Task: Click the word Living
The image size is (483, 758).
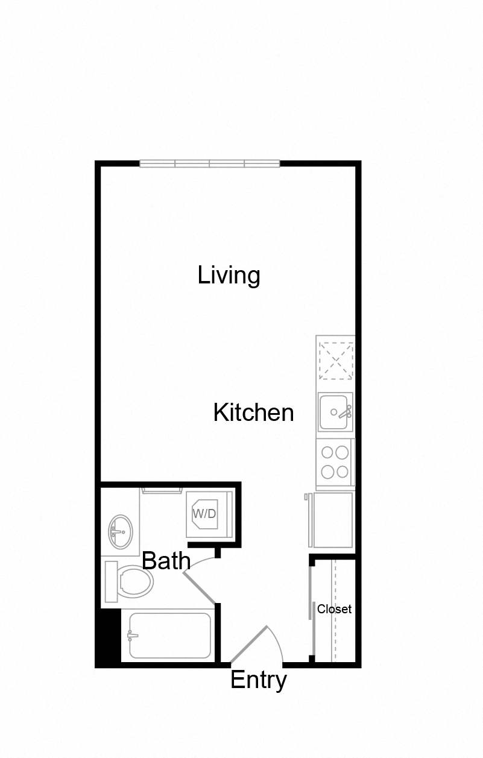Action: pyautogui.click(x=229, y=276)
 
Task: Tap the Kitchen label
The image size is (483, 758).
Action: pyautogui.click(x=253, y=413)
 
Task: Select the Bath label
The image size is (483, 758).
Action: pyautogui.click(x=166, y=561)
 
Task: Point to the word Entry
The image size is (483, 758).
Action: pyautogui.click(x=258, y=680)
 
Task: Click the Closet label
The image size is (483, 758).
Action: pyautogui.click(x=334, y=609)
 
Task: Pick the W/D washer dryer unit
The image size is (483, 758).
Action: pyautogui.click(x=209, y=514)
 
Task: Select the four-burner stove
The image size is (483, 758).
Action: pyautogui.click(x=335, y=461)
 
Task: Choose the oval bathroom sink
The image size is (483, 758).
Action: pyautogui.click(x=120, y=531)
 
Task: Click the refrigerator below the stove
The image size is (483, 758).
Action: pyautogui.click(x=331, y=519)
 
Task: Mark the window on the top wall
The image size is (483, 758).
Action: pyautogui.click(x=210, y=163)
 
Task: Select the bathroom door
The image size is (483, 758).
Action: pyautogui.click(x=200, y=587)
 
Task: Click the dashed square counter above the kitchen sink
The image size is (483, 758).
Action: pyautogui.click(x=336, y=361)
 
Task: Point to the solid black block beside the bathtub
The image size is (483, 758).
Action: pyautogui.click(x=109, y=636)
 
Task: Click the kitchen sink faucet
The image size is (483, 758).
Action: pyautogui.click(x=344, y=412)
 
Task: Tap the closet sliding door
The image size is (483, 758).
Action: pyautogui.click(x=312, y=609)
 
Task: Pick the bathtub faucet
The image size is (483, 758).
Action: pyautogui.click(x=132, y=635)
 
